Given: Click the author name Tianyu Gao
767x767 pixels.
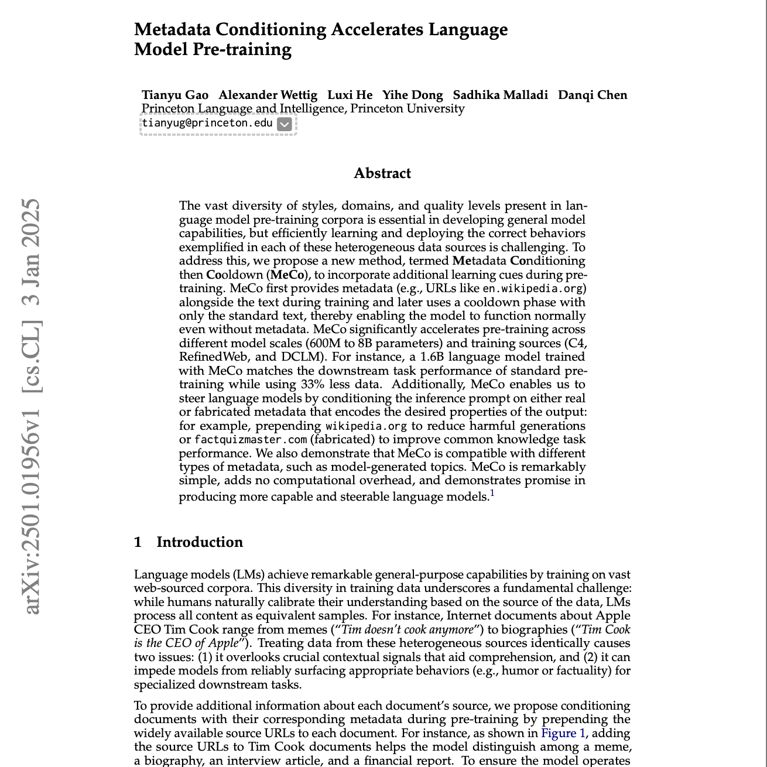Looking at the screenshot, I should click(x=175, y=95).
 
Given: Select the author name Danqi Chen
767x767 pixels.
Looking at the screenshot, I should click(x=592, y=95).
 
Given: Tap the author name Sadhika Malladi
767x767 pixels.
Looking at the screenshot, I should click(x=500, y=95).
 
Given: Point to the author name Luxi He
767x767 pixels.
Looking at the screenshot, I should click(x=350, y=95).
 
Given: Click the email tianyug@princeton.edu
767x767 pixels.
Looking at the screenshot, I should click(x=207, y=123).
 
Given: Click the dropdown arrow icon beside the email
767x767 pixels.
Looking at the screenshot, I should click(x=284, y=124).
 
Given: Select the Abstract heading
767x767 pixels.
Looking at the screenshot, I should click(x=382, y=173).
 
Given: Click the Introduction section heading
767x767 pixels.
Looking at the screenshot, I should click(x=199, y=542).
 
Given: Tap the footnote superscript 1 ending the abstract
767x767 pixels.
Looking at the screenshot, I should click(x=492, y=493).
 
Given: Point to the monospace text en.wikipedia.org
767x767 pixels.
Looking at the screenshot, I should click(x=534, y=289).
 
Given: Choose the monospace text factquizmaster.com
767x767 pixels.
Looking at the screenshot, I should click(x=251, y=440).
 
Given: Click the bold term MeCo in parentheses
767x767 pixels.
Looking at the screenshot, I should click(x=287, y=275).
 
